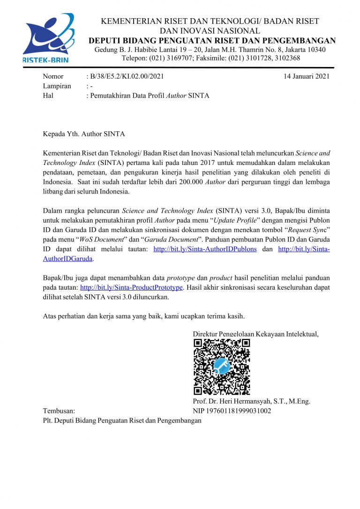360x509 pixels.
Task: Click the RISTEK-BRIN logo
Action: (49, 37)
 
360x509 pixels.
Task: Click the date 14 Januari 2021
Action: (307, 76)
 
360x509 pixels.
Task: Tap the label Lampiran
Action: (57, 86)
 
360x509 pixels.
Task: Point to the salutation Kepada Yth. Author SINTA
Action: (84, 134)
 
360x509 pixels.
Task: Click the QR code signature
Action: (222, 367)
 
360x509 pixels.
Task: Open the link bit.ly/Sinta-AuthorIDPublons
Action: (205, 249)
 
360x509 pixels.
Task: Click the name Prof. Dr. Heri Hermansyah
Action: (251, 401)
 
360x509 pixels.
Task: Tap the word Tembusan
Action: (59, 411)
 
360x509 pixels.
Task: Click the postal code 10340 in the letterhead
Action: (316, 50)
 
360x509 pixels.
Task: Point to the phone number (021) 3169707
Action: (172, 58)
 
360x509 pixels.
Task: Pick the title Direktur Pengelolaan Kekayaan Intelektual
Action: (255, 334)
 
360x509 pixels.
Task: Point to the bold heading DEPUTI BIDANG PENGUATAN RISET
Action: (212, 40)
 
